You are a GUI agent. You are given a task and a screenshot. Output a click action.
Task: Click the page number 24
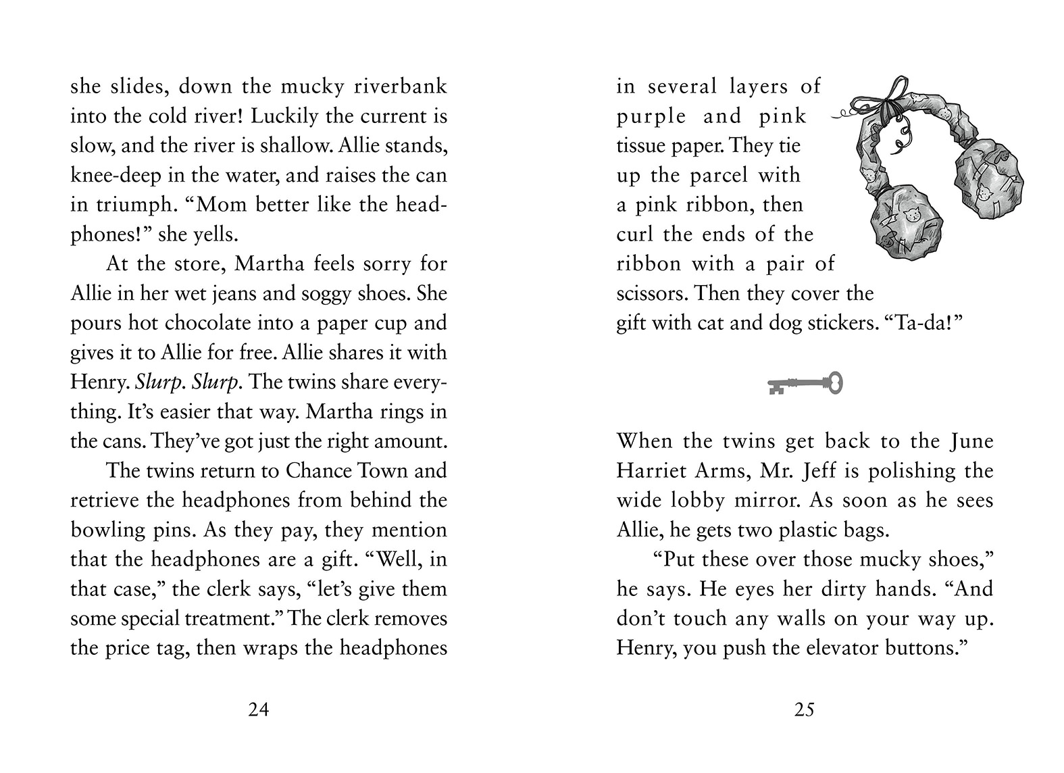[259, 709]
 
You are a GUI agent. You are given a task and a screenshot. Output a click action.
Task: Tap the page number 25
[805, 709]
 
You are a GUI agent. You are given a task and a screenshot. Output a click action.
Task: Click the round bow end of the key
[835, 383]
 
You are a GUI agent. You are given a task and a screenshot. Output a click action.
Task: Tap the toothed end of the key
[776, 387]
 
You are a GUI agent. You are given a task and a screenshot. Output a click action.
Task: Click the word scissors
[651, 294]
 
